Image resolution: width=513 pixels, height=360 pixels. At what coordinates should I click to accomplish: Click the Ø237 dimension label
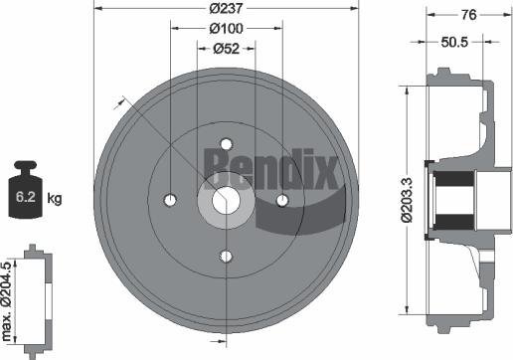pos(227,10)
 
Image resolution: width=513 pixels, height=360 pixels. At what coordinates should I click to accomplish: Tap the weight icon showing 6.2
pos(26,189)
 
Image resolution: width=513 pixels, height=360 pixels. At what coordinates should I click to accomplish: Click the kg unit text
pos(55,200)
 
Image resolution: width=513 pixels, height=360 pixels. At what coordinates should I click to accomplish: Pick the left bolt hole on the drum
pos(170,200)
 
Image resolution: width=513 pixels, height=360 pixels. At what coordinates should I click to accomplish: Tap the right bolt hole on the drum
pos(283,200)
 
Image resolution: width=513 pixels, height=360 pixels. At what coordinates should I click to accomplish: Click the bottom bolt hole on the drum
pos(227,257)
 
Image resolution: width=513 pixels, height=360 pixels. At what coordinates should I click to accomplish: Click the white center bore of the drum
pos(227,200)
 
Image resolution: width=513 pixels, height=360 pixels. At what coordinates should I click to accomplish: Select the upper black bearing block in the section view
pos(455,181)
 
